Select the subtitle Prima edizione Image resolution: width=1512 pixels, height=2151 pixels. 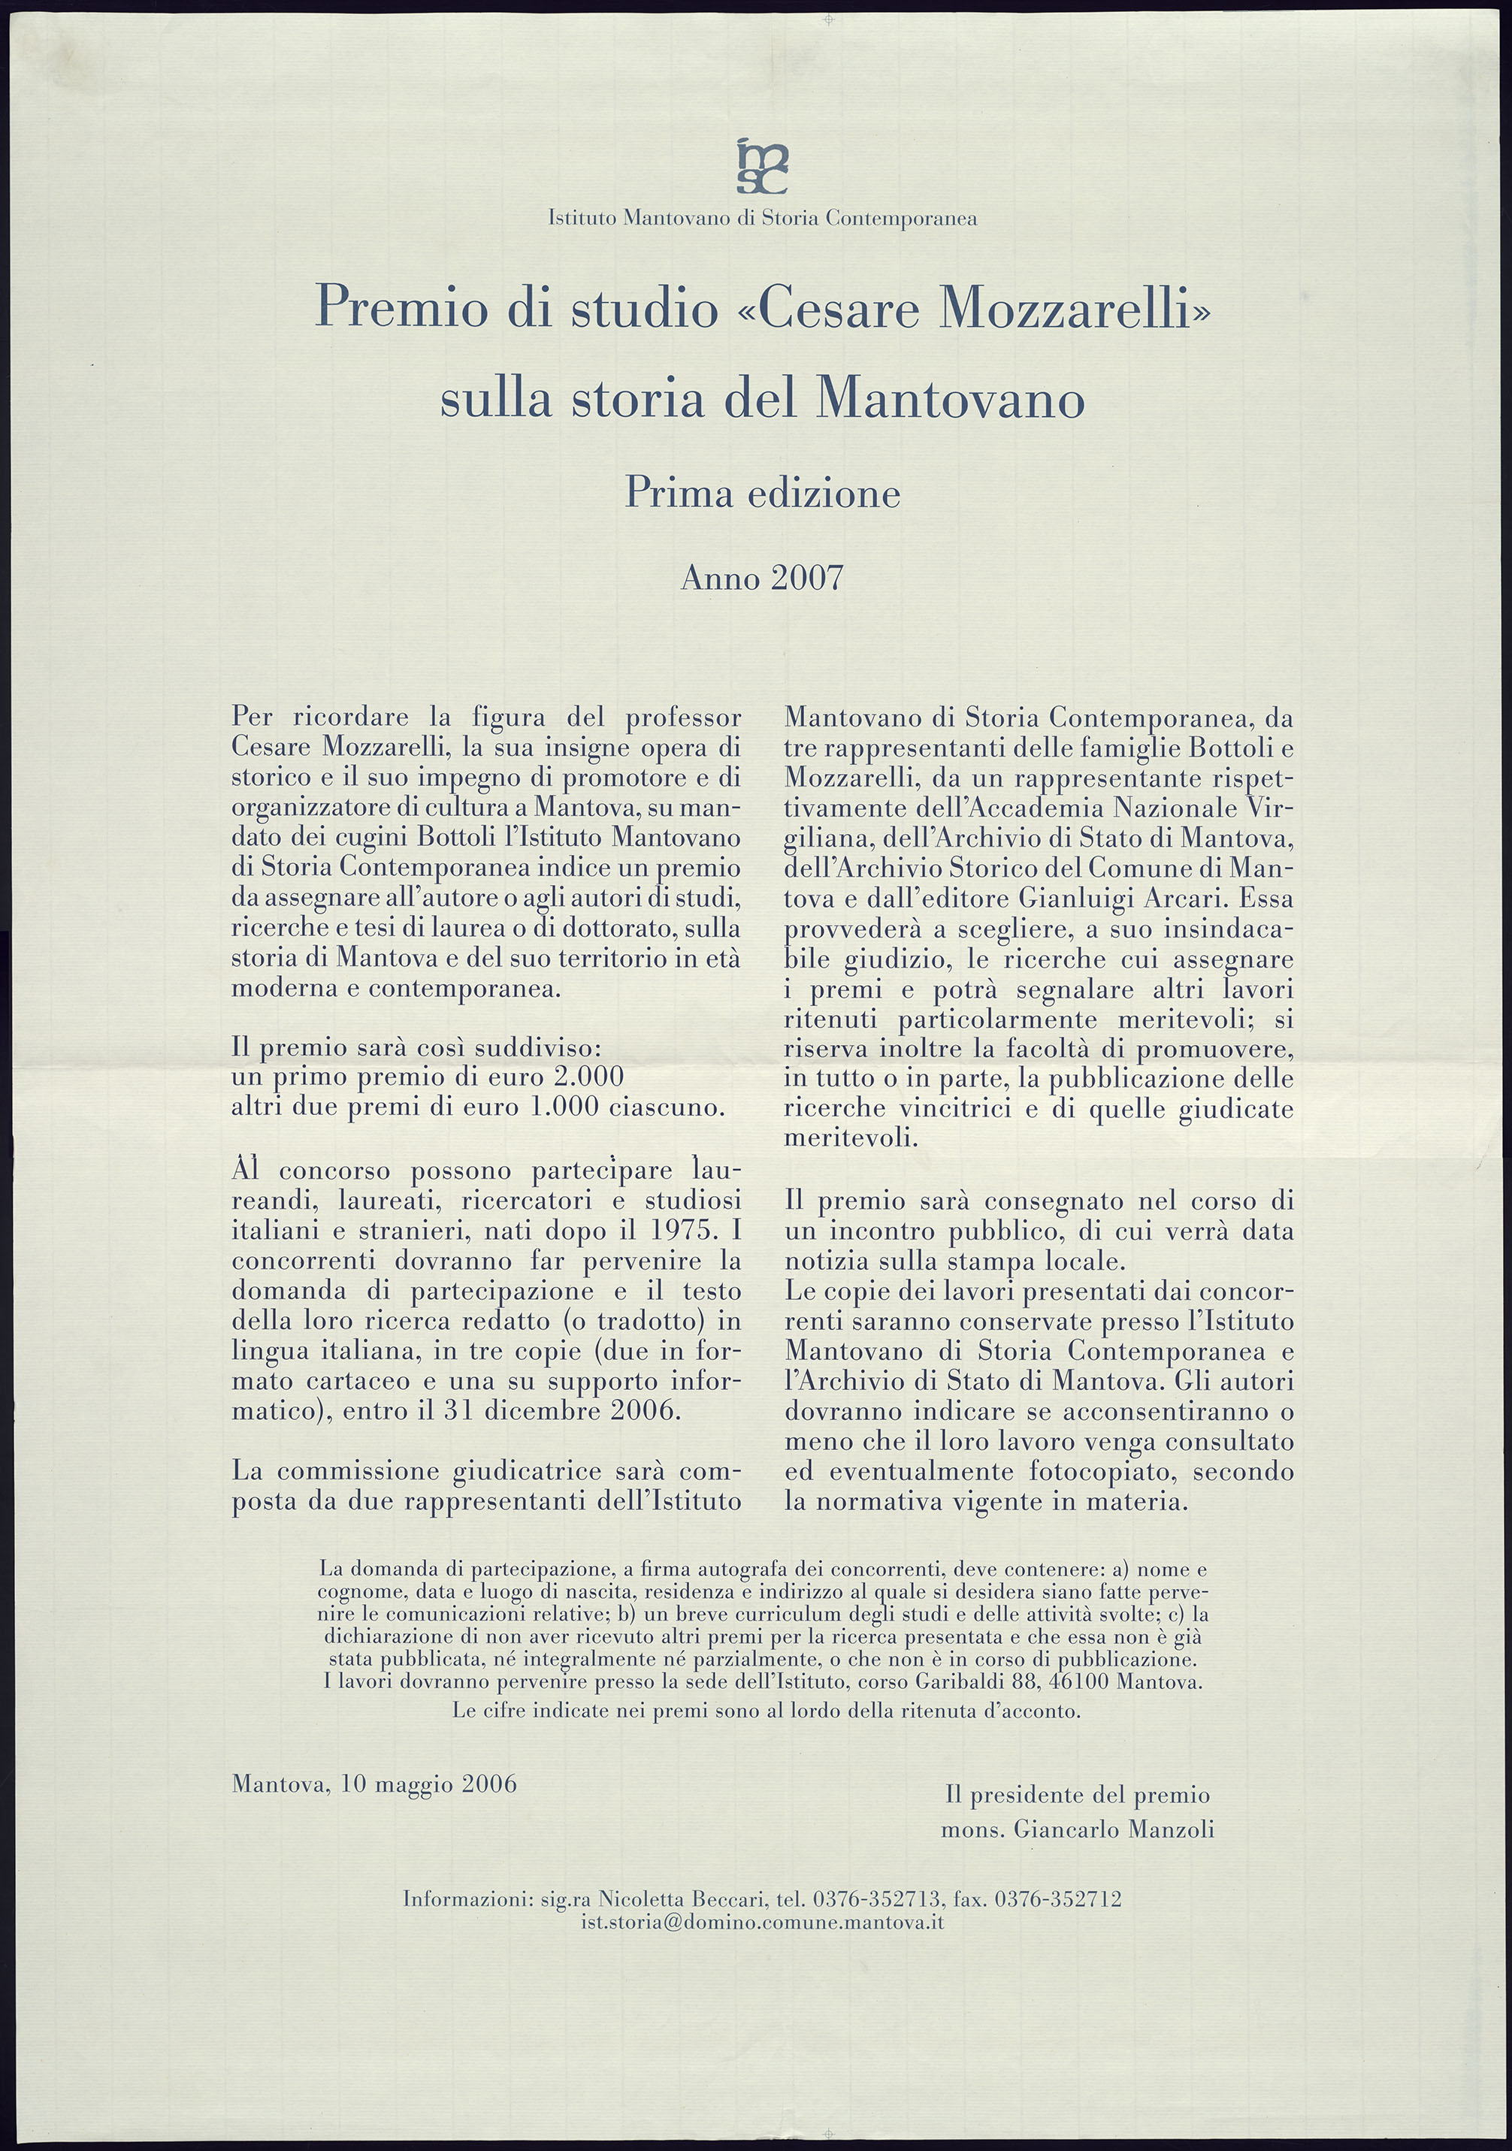[x=761, y=493]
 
